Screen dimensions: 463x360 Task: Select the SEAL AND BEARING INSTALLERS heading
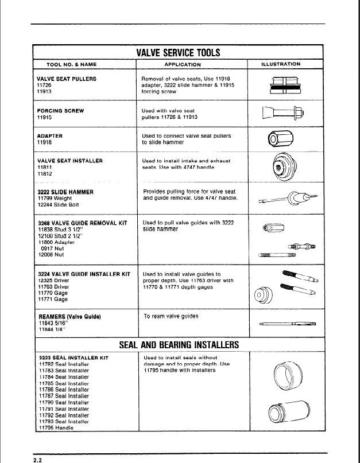click(178, 345)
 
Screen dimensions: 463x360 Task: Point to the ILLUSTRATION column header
click(284, 64)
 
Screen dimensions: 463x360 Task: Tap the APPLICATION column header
click(183, 64)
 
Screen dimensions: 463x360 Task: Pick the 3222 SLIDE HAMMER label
click(65, 192)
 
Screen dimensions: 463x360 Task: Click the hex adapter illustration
click(281, 139)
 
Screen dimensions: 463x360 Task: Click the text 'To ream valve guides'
click(171, 316)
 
